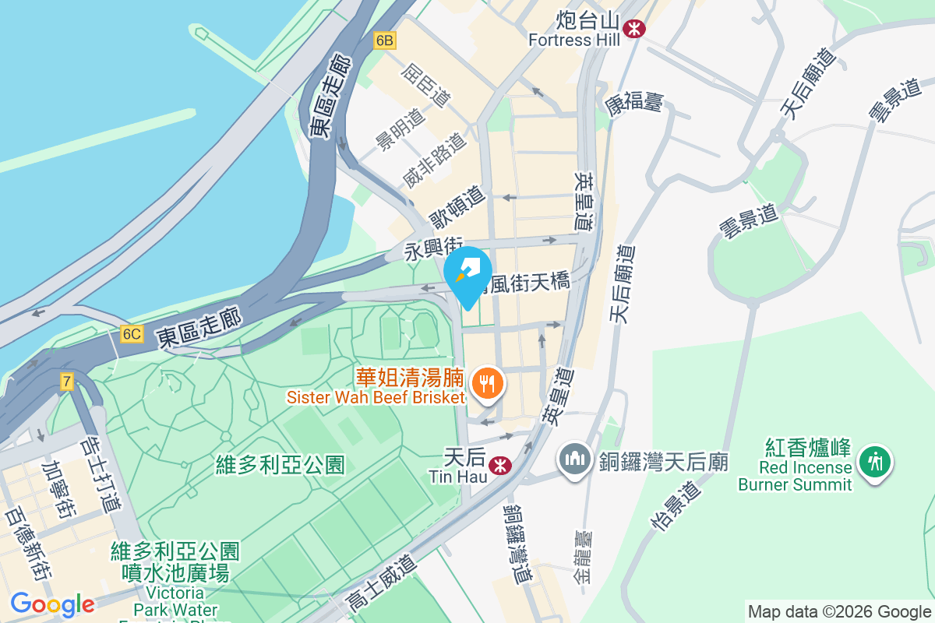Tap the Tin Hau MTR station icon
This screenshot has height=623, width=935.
point(499,465)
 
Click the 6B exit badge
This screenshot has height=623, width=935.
point(384,40)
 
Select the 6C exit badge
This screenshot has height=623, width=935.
point(132,334)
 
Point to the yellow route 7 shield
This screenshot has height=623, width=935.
point(68,382)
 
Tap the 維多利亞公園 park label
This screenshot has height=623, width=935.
point(280,466)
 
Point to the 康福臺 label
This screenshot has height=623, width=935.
point(633,101)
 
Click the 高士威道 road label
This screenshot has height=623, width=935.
point(381,580)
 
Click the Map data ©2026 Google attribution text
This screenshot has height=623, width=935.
point(839,611)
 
